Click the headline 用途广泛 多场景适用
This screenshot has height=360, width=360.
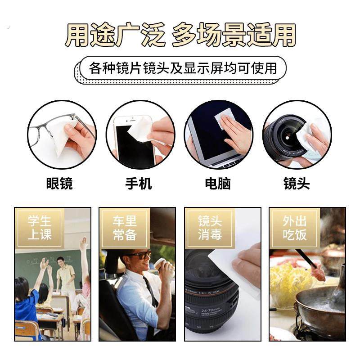click(180, 35)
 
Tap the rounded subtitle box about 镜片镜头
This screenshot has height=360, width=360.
click(182, 68)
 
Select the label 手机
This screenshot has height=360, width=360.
click(139, 184)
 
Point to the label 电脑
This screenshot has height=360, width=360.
click(217, 184)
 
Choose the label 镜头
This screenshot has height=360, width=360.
click(297, 184)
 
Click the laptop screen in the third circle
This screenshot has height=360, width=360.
click(207, 135)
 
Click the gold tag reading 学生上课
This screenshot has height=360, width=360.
click(40, 228)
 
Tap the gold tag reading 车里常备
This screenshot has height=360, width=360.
click(125, 228)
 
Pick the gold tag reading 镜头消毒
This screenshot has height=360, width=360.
click(210, 228)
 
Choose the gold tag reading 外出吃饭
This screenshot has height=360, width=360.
click(294, 228)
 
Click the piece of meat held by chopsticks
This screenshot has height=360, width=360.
click(319, 272)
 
